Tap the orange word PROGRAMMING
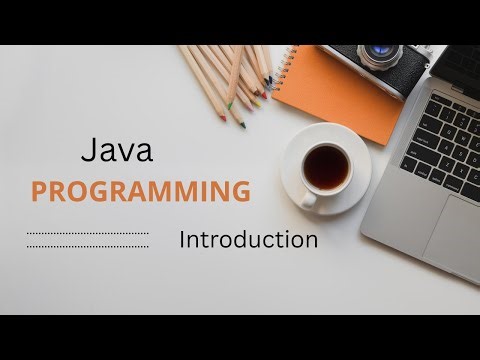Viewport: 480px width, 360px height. click(x=140, y=191)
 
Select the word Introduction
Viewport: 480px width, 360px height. click(x=248, y=240)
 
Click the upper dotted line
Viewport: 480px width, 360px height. click(x=87, y=235)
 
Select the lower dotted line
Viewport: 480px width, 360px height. click(x=87, y=246)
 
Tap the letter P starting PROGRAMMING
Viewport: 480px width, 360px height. click(x=39, y=191)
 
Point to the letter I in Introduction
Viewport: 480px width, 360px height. click(x=183, y=240)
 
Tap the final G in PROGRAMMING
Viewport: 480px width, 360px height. click(x=240, y=191)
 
